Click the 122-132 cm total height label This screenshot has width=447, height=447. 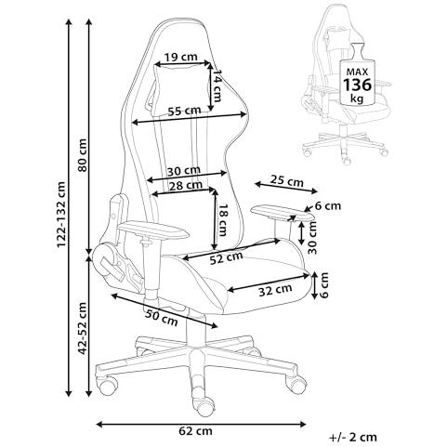(61, 215)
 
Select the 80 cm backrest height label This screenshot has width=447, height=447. (83, 155)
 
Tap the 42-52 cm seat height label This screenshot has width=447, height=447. (83, 328)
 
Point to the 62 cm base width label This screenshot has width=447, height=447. (195, 430)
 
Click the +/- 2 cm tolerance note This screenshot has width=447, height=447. (353, 437)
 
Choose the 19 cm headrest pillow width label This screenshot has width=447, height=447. (180, 57)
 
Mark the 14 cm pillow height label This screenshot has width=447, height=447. (217, 85)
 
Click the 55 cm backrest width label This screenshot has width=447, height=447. (184, 111)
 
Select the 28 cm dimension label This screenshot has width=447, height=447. (186, 186)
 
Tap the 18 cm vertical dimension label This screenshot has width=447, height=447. (222, 219)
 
